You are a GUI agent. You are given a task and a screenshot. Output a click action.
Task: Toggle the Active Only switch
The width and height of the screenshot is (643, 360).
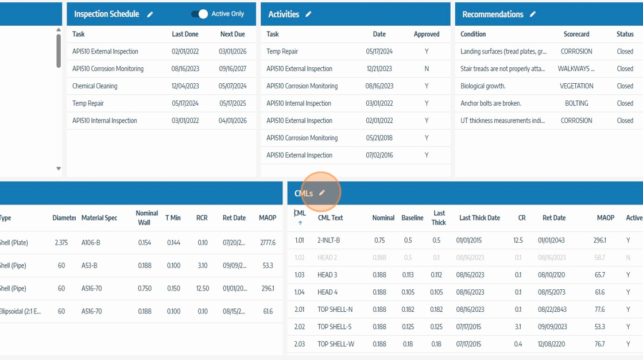coord(199,14)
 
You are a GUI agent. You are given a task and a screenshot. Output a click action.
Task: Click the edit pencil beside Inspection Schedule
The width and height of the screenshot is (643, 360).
coord(150,14)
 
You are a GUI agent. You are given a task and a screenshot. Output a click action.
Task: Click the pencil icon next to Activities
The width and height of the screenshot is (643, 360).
coord(308,14)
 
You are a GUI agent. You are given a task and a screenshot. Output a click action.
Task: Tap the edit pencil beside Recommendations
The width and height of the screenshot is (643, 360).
coord(533,14)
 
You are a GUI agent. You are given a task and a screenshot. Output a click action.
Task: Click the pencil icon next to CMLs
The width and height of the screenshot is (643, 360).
coord(322,193)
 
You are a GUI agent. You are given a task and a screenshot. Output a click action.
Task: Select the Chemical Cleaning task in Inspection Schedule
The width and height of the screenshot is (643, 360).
coord(95,86)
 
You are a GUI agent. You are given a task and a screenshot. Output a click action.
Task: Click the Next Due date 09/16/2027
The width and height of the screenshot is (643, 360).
coord(233,69)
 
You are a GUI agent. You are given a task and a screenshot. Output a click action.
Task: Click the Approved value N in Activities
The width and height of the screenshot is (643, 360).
coord(427,69)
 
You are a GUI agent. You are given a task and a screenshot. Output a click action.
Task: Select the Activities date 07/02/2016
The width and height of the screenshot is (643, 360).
coord(379,155)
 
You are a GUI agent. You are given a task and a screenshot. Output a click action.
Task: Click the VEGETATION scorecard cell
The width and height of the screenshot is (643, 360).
coord(576,86)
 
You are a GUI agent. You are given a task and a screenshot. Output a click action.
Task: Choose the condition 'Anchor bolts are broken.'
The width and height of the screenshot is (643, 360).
coord(491,103)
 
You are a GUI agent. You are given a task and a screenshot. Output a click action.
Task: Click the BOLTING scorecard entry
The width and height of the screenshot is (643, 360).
coord(576,103)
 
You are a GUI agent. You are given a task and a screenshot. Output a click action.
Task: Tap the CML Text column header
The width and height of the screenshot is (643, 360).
coord(331,218)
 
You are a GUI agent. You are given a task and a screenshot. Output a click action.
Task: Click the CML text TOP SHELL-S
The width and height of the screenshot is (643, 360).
coord(335,327)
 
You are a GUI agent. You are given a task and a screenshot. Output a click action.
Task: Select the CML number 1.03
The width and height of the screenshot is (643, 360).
coord(300,275)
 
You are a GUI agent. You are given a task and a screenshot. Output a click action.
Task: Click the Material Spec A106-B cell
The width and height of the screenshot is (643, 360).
coord(91,243)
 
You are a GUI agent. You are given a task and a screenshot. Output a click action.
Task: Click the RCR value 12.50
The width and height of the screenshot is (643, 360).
coord(202,288)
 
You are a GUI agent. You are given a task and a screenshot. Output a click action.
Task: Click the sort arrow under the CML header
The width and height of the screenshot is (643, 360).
coord(300,223)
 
